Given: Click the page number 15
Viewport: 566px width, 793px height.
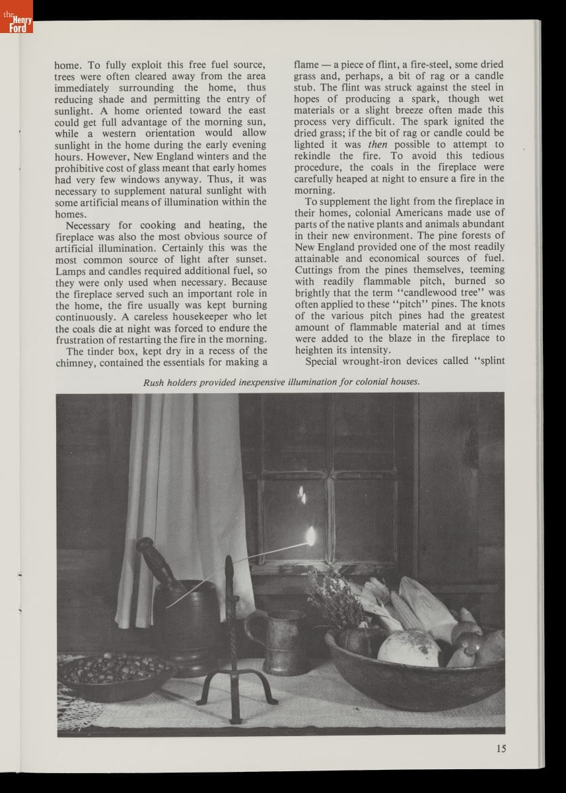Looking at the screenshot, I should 501,749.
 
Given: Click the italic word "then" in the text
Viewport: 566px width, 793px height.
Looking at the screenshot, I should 377,144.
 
